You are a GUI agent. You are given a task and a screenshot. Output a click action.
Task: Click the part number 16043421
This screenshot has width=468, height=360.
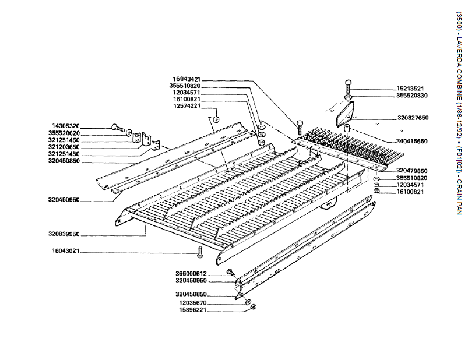point(187,79)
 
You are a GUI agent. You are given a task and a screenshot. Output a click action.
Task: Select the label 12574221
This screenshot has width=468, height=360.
point(187,106)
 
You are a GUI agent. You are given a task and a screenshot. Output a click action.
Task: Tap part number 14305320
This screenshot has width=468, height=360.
point(66,126)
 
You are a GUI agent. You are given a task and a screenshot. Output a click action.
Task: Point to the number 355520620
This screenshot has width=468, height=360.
point(66,133)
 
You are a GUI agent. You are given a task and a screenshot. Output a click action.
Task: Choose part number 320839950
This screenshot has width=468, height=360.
point(64,234)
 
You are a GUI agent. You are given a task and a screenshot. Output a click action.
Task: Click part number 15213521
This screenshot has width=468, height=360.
point(410,89)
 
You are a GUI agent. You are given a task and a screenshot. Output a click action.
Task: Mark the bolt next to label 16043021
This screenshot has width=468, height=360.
point(200,252)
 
